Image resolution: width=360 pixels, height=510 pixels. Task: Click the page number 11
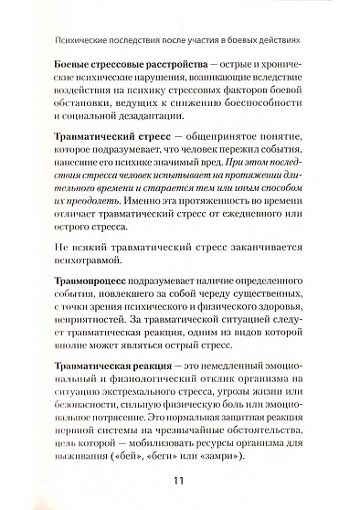pyautogui.click(x=179, y=479)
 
